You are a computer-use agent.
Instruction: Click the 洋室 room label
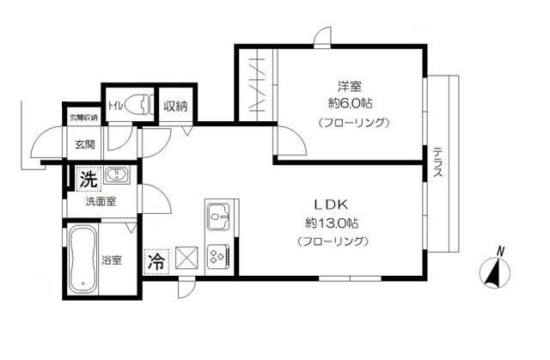tap(349, 86)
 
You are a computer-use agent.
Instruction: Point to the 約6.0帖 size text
tap(350, 103)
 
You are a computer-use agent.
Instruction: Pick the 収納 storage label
tap(178, 107)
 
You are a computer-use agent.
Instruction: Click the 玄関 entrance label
tap(84, 144)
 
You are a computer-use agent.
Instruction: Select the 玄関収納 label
tap(84, 117)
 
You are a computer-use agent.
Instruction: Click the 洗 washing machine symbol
tap(88, 180)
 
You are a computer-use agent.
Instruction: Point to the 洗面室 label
tap(101, 202)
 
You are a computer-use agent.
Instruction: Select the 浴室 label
tap(112, 259)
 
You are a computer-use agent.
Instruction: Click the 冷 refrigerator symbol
tap(157, 259)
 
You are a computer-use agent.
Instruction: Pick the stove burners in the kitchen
tap(217, 256)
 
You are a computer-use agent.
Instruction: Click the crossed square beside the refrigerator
tap(186, 258)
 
